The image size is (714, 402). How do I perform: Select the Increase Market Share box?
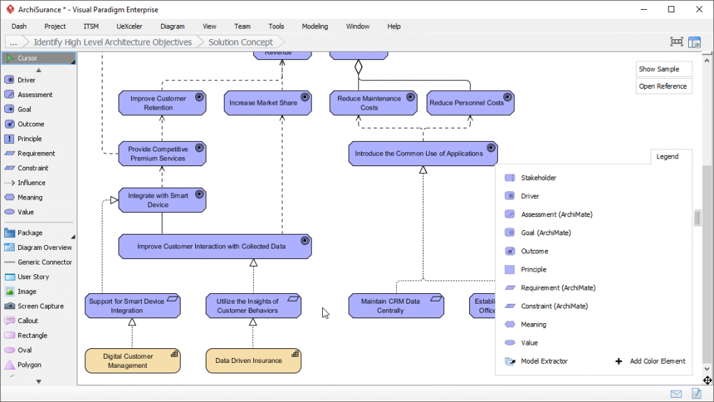(x=263, y=103)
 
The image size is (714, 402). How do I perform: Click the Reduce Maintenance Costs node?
(x=369, y=103)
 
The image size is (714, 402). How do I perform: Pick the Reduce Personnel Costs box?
(x=466, y=103)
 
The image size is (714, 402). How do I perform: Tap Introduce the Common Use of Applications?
(x=418, y=154)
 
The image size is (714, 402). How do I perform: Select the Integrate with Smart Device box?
(x=158, y=200)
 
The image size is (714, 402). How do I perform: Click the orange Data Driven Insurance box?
(x=248, y=361)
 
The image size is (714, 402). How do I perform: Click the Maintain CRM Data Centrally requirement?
(x=390, y=306)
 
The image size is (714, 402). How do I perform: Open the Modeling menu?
(x=314, y=27)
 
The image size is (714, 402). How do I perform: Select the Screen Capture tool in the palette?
(x=40, y=306)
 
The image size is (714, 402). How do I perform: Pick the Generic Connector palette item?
(x=45, y=262)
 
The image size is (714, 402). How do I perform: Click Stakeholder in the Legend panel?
(x=538, y=178)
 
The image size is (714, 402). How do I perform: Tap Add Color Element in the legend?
(x=657, y=362)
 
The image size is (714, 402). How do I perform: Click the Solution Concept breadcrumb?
(x=241, y=42)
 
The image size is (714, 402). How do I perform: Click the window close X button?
(x=697, y=10)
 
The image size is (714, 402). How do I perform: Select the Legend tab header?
(x=667, y=156)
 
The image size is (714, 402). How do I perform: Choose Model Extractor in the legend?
(x=544, y=362)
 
